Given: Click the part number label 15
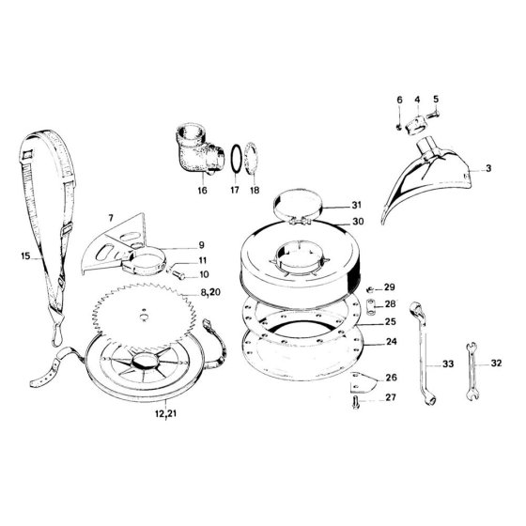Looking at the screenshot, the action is click(x=25, y=255).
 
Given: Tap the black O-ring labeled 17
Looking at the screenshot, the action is click(x=236, y=160).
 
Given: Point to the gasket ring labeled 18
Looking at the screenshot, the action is click(x=252, y=159).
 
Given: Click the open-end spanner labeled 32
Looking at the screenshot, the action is click(x=472, y=371).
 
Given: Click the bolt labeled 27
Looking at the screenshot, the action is click(x=356, y=402).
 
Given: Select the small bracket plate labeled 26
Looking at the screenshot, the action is click(x=363, y=382).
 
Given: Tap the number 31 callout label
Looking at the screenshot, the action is click(x=356, y=205).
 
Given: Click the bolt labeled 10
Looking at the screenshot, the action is click(x=178, y=275).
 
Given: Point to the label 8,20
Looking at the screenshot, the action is click(x=210, y=292).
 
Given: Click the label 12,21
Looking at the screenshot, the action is click(x=165, y=413).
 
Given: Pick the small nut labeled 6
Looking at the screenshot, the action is click(x=399, y=127).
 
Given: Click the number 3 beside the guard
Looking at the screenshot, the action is click(x=488, y=168).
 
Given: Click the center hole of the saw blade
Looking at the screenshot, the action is click(x=144, y=317).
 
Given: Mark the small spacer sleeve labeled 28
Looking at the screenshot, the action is click(x=371, y=307).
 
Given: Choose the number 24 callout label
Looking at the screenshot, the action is click(x=392, y=342).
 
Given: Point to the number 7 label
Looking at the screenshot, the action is click(x=111, y=218).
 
